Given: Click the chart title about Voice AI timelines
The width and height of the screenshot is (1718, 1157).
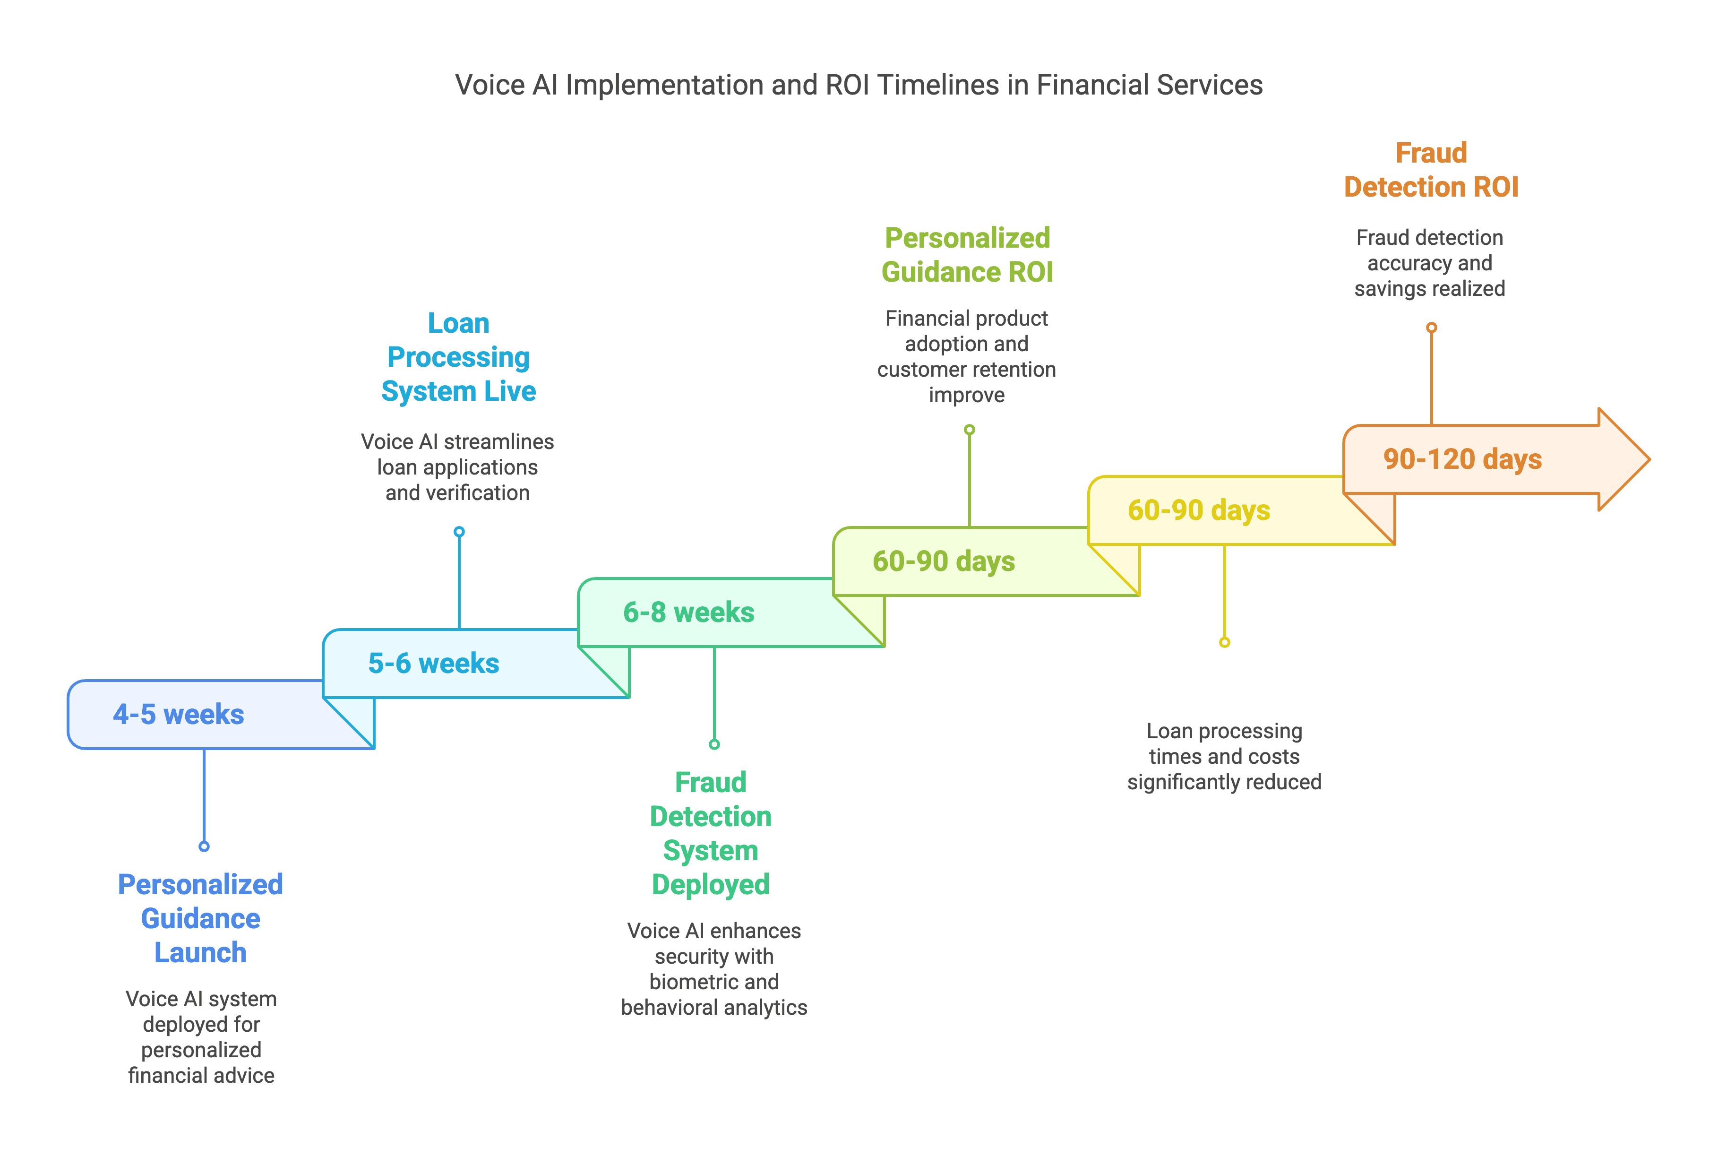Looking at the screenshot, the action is tap(859, 85).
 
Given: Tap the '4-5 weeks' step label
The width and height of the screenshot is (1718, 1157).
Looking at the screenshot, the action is tap(179, 714).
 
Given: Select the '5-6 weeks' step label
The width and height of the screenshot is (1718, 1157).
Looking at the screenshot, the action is tap(434, 664).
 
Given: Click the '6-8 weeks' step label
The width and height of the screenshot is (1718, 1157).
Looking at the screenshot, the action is tap(689, 613).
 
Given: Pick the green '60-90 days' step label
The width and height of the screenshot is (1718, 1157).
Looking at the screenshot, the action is tap(944, 561).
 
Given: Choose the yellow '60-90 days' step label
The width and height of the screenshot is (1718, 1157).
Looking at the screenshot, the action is tap(1199, 510).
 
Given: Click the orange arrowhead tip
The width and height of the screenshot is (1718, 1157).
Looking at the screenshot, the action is tap(1649, 459).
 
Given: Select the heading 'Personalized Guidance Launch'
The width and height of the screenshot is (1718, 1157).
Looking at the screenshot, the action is tap(201, 919).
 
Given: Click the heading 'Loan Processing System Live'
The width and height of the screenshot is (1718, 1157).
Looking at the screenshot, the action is tap(459, 357).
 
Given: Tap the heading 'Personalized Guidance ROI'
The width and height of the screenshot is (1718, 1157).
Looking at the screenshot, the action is tap(967, 255).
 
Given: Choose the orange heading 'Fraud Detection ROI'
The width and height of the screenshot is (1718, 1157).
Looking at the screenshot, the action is tap(1431, 170).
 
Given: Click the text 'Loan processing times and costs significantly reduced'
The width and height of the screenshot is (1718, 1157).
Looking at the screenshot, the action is tap(1225, 756).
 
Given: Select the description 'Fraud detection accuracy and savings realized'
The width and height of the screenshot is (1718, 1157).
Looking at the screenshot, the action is tap(1430, 263).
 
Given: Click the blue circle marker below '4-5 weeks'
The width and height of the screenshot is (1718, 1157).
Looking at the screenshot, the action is tap(204, 846).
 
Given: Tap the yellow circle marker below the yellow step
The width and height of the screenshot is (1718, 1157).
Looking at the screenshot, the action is tap(1225, 642).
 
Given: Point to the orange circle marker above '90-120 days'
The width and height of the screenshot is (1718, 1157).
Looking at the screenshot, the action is tap(1431, 328).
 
